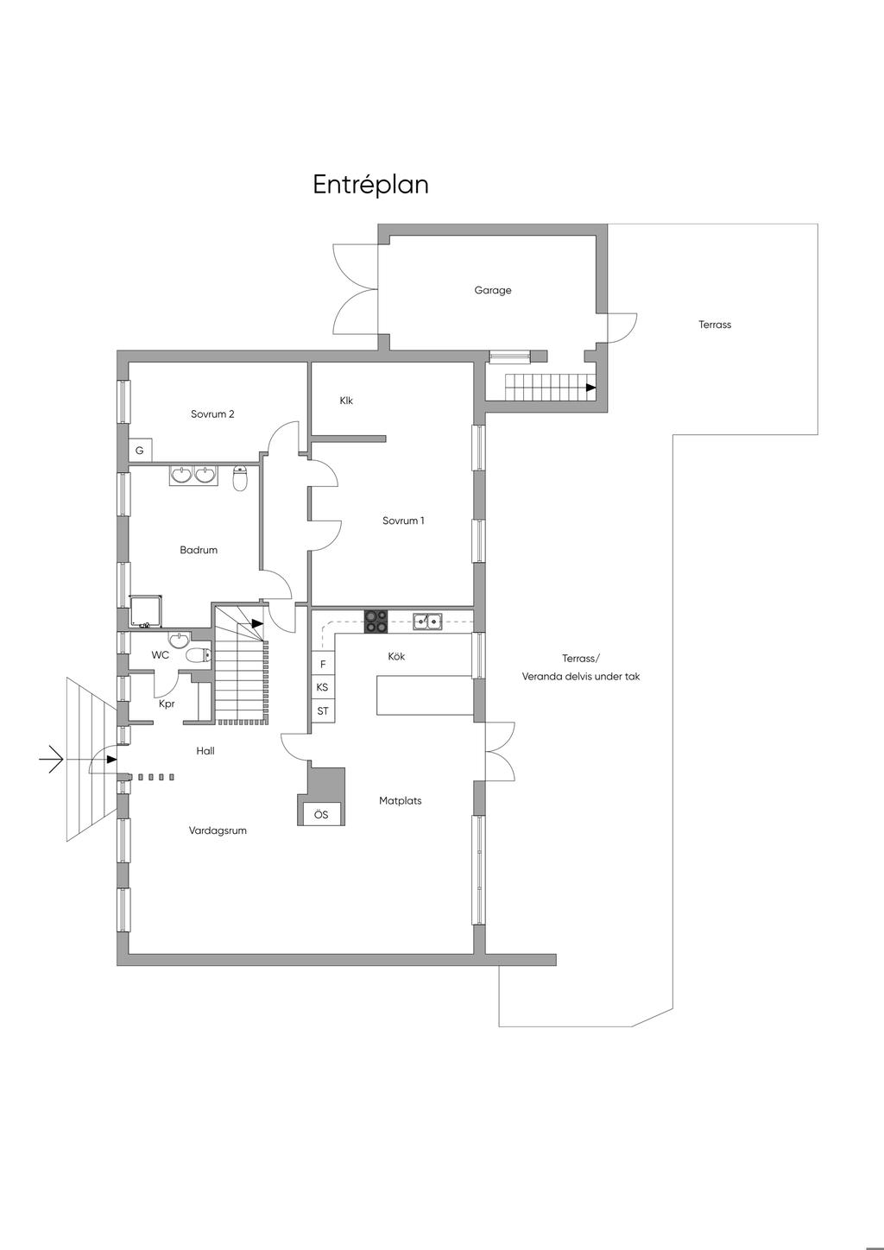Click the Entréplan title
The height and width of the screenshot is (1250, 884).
[x=370, y=185]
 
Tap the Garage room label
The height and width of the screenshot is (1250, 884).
[x=493, y=290]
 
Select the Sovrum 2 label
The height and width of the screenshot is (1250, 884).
[x=212, y=414]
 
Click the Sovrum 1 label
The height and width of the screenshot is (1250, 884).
[x=403, y=521]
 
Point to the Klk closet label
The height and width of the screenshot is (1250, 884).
[x=346, y=401]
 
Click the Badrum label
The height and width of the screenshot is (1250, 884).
[x=199, y=550]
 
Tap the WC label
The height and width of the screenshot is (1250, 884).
[x=161, y=655]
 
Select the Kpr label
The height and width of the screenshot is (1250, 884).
[x=167, y=704]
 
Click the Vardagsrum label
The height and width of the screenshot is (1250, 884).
[x=218, y=831]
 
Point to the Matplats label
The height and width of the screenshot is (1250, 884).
[x=401, y=801]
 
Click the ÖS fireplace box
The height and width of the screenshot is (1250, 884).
[x=321, y=815]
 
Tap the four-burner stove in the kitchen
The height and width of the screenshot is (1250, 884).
[x=376, y=622]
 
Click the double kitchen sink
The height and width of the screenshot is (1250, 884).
[x=428, y=621]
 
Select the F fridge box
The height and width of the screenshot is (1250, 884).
[x=323, y=664]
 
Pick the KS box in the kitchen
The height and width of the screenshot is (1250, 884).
[x=323, y=687]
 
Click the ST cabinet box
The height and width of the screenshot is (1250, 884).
[x=323, y=711]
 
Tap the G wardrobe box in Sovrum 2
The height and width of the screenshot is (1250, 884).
[x=140, y=451]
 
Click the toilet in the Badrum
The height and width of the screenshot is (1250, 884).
[x=240, y=478]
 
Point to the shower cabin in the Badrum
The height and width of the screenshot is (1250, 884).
[x=147, y=611]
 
